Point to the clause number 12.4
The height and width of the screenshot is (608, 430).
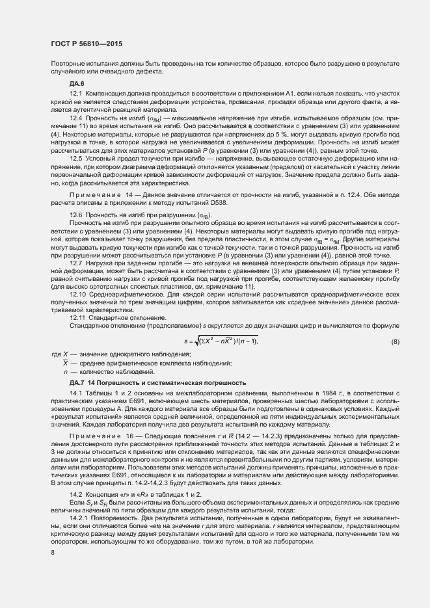pos(75,118)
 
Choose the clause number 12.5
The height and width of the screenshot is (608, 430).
pos(75,158)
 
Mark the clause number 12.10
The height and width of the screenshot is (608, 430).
pos(77,294)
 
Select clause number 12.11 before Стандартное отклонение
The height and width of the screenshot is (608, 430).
pos(77,317)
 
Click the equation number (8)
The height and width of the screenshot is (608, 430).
pos(394,341)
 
